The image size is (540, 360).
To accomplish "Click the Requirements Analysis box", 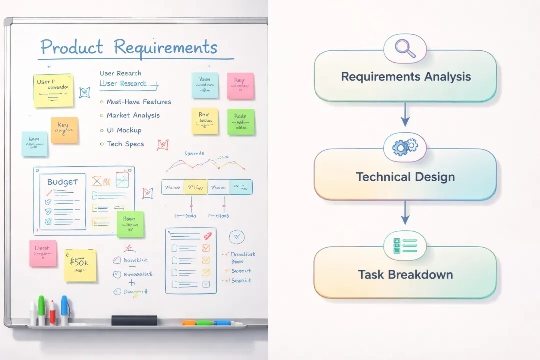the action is click(x=405, y=77).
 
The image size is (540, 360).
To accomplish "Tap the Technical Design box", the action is click(x=405, y=176).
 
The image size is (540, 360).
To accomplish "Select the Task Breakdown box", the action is click(x=405, y=274).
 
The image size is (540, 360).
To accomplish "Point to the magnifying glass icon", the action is click(x=404, y=49).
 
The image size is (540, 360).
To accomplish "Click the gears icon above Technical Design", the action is click(x=405, y=147).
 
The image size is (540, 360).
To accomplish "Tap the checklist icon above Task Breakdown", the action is click(x=405, y=245).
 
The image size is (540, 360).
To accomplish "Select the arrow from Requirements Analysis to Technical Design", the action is click(x=405, y=116).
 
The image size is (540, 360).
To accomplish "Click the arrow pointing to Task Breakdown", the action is click(x=405, y=215).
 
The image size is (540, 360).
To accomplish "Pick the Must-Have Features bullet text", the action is click(x=139, y=102).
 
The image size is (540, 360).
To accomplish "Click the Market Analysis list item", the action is click(x=133, y=115).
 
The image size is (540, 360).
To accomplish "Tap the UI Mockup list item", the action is click(x=124, y=130).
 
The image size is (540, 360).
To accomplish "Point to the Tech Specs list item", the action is click(x=125, y=144).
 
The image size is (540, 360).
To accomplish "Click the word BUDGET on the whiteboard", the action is click(x=63, y=182).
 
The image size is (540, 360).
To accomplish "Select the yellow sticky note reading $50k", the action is click(x=80, y=265).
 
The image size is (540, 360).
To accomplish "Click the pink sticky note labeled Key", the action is click(x=240, y=86).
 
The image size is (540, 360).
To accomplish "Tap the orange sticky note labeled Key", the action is click(x=64, y=130).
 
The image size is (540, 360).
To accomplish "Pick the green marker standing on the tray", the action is click(x=41, y=310).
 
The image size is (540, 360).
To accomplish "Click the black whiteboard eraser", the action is click(x=134, y=320).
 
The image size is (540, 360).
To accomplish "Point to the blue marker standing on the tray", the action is click(x=64, y=310).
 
